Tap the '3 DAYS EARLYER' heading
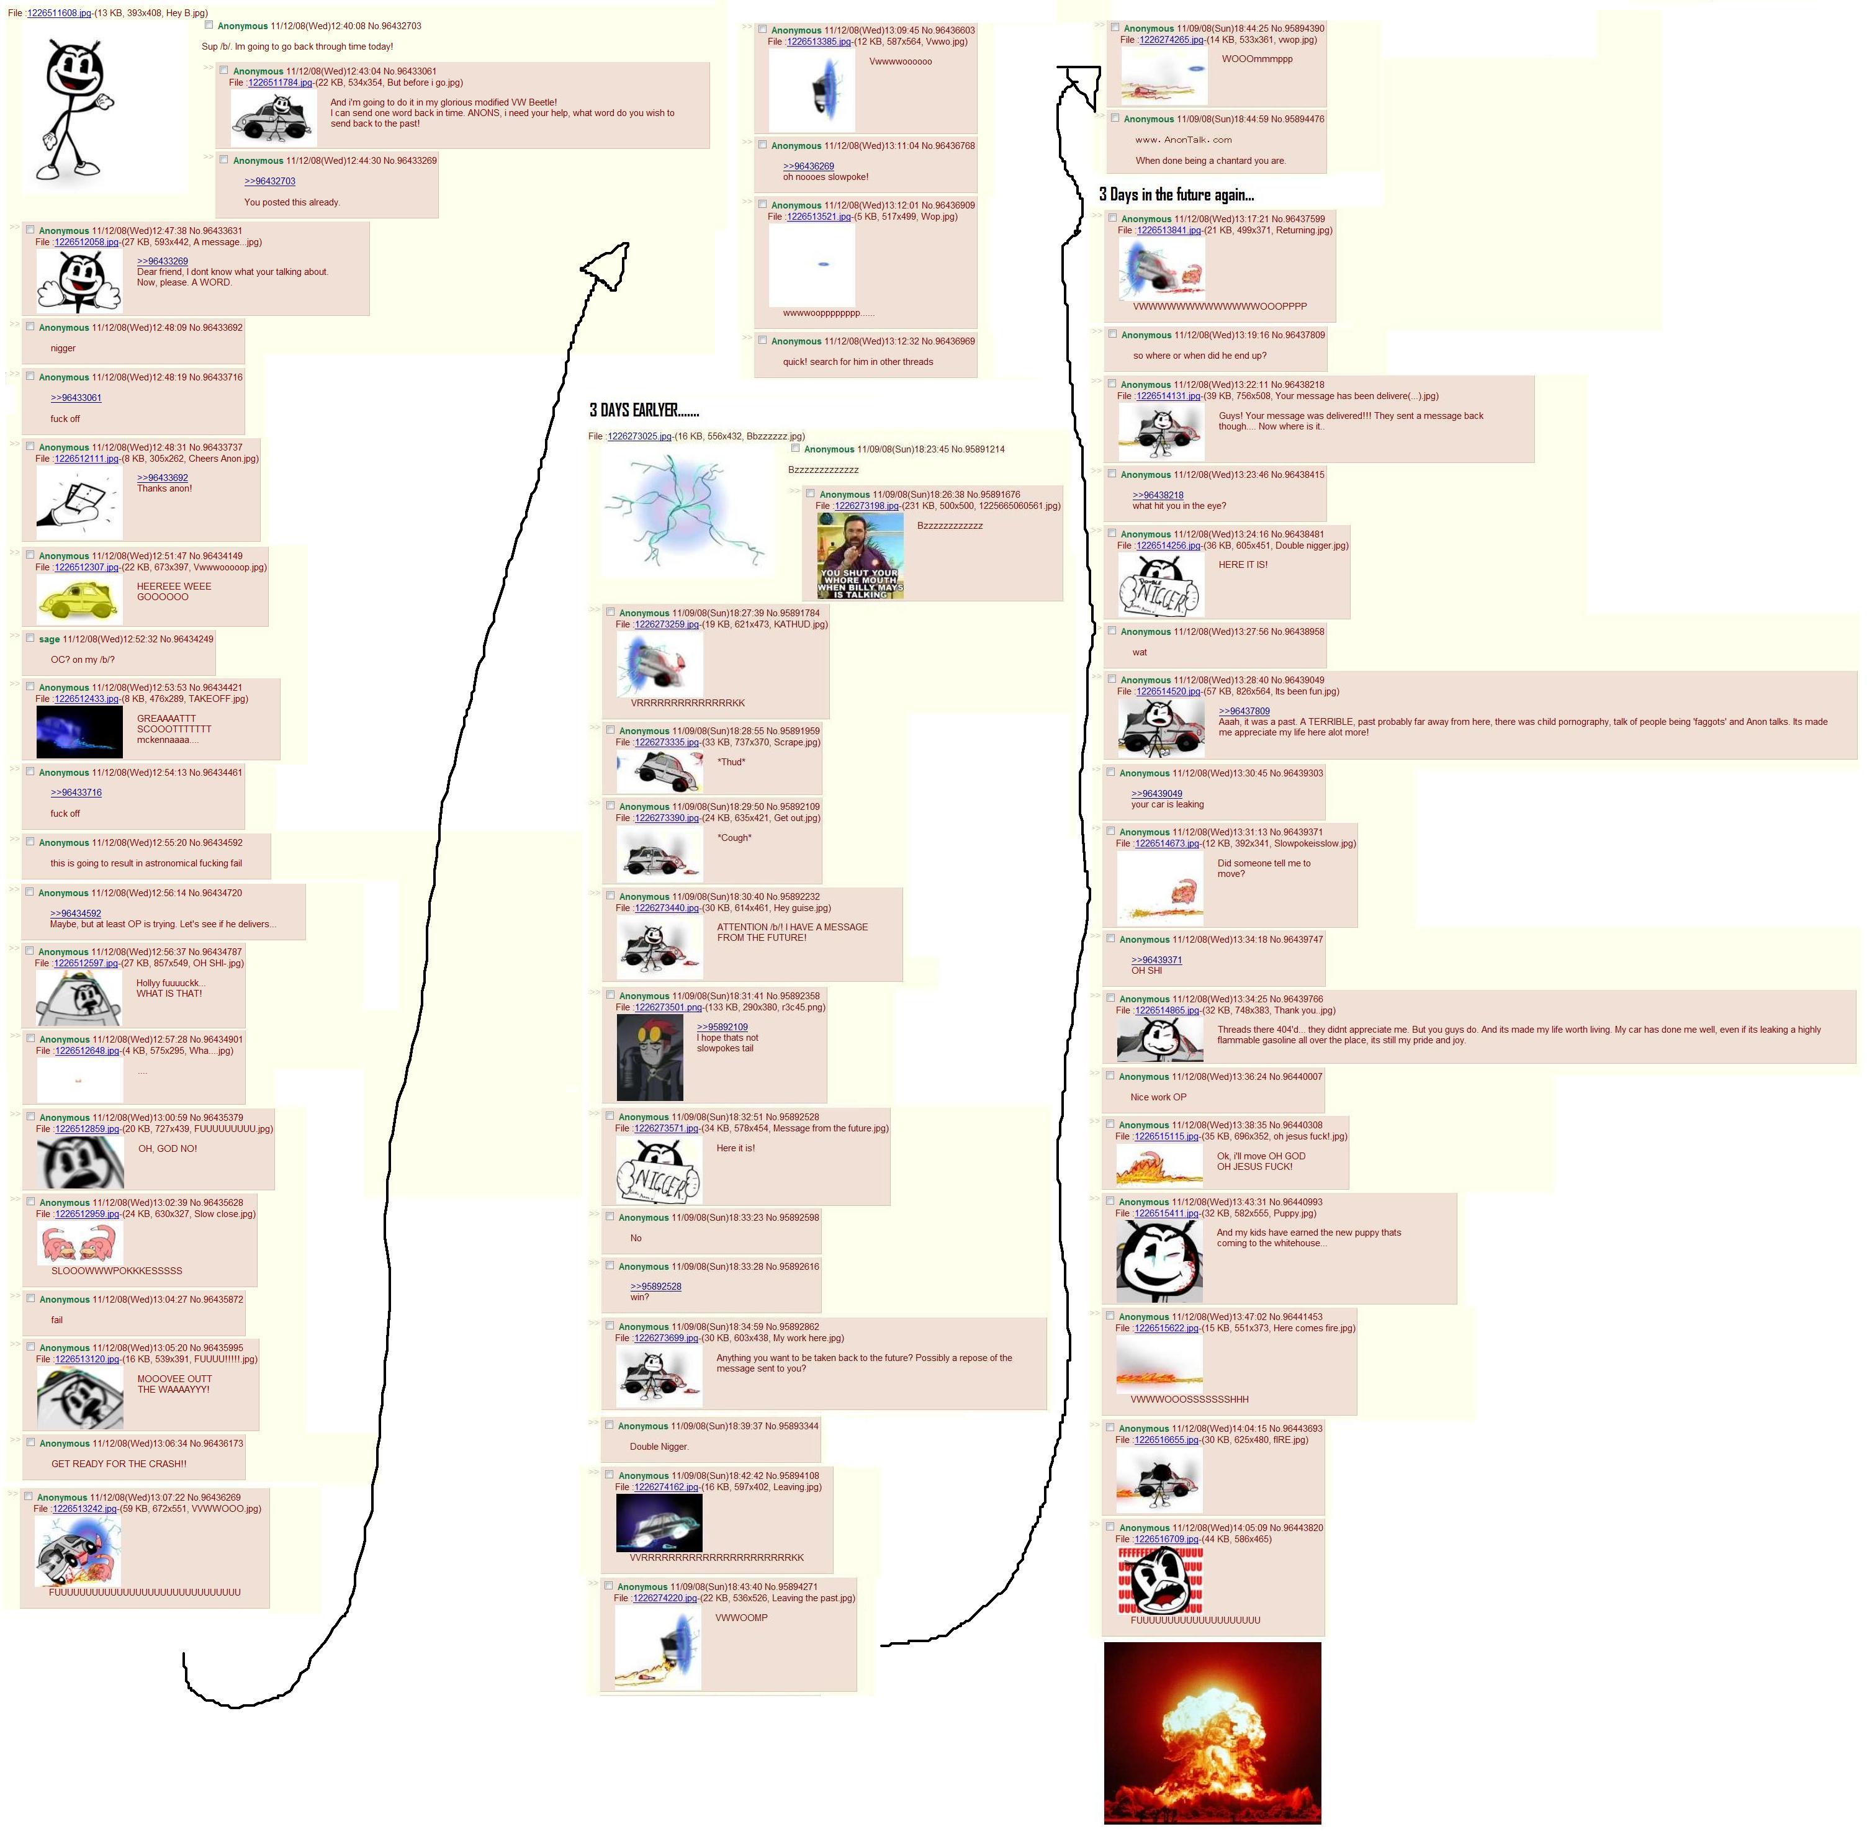pos(644,410)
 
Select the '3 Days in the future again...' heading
pos(1176,194)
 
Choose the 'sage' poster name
pos(49,639)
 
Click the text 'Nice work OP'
pos(1158,1097)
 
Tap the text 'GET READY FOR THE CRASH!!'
pos(119,1463)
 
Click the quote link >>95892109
pos(722,1027)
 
